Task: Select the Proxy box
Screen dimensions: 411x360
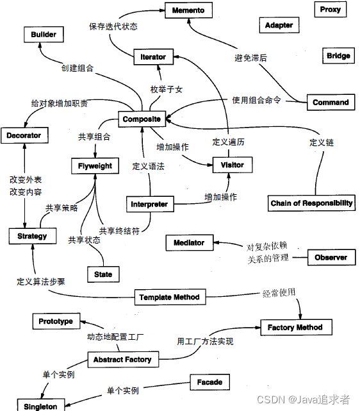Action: (x=331, y=10)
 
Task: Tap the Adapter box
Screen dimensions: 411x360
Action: (x=279, y=26)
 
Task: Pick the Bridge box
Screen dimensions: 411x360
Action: (x=338, y=56)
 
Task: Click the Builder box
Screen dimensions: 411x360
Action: (x=44, y=35)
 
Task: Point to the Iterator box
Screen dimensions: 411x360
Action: (x=153, y=57)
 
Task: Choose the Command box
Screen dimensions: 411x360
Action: (x=331, y=102)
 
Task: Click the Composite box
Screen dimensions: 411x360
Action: (x=142, y=119)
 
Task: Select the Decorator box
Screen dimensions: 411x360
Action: (x=24, y=135)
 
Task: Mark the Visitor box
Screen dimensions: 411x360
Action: (x=232, y=165)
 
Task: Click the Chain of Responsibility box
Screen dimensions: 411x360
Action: (x=311, y=203)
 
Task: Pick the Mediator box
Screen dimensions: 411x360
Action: (x=189, y=242)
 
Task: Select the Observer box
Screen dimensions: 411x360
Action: (x=331, y=257)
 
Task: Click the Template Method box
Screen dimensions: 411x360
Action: (x=169, y=297)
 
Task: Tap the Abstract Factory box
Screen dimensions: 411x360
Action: (x=122, y=360)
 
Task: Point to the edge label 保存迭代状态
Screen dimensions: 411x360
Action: (x=113, y=27)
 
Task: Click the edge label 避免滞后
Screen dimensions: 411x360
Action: (x=250, y=58)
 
